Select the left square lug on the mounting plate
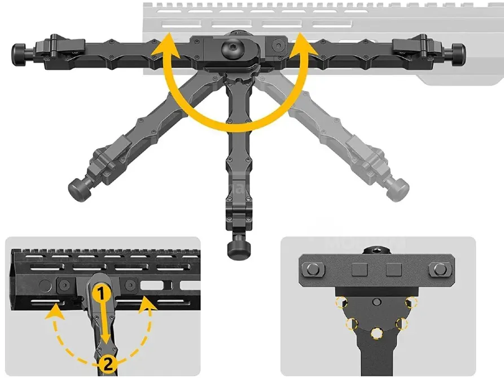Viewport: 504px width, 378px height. pos(359,270)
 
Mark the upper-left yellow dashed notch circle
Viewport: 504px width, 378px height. pos(340,302)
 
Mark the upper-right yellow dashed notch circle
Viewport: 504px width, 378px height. pos(411,302)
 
